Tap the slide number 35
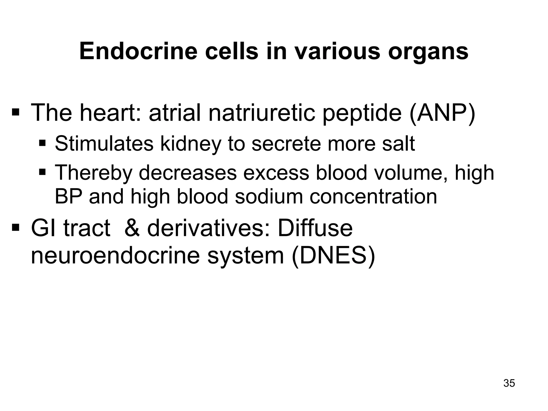[509, 383]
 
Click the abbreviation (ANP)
[442, 112]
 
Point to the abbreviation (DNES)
[333, 256]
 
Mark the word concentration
[373, 196]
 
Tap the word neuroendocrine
[115, 256]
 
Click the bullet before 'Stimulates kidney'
[42, 143]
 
